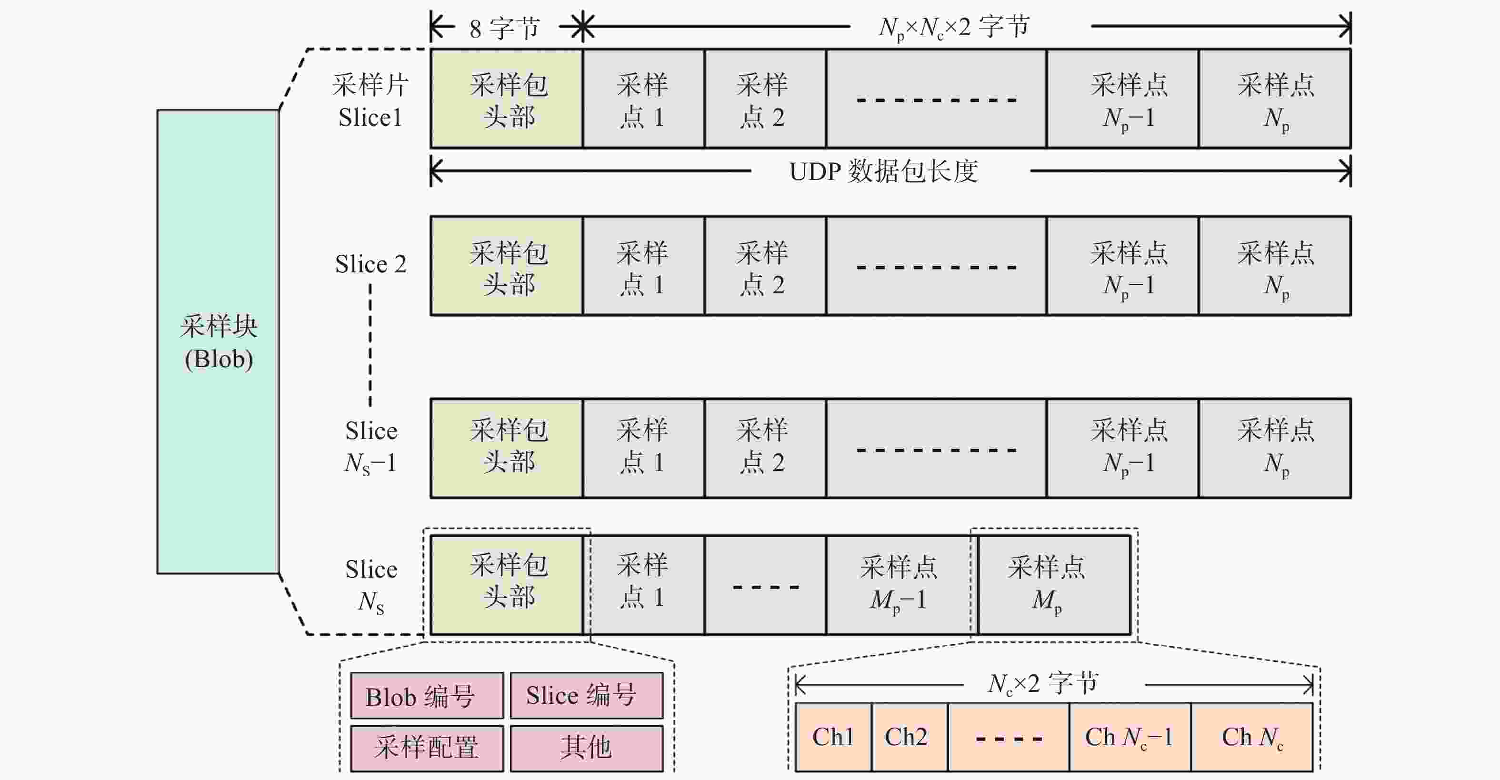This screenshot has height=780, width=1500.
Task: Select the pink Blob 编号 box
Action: (x=427, y=696)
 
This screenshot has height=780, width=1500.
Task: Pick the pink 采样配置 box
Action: (x=427, y=748)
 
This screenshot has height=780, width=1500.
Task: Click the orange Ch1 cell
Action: (x=833, y=737)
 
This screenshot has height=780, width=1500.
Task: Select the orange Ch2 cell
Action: (x=910, y=737)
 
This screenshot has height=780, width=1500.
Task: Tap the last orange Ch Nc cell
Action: (x=1252, y=737)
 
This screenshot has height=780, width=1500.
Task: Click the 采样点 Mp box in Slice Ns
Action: (x=1054, y=585)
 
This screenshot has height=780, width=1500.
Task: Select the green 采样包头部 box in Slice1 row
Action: (x=507, y=99)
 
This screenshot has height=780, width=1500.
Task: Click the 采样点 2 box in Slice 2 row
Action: (x=765, y=266)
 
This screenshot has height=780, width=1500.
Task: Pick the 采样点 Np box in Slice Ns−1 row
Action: (x=1275, y=448)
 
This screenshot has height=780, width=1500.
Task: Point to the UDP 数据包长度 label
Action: (x=883, y=171)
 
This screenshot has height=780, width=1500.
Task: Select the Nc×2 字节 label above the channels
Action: (x=1043, y=683)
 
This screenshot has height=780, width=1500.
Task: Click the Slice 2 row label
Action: (x=370, y=264)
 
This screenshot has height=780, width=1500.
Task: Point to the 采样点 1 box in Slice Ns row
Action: (x=643, y=585)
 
